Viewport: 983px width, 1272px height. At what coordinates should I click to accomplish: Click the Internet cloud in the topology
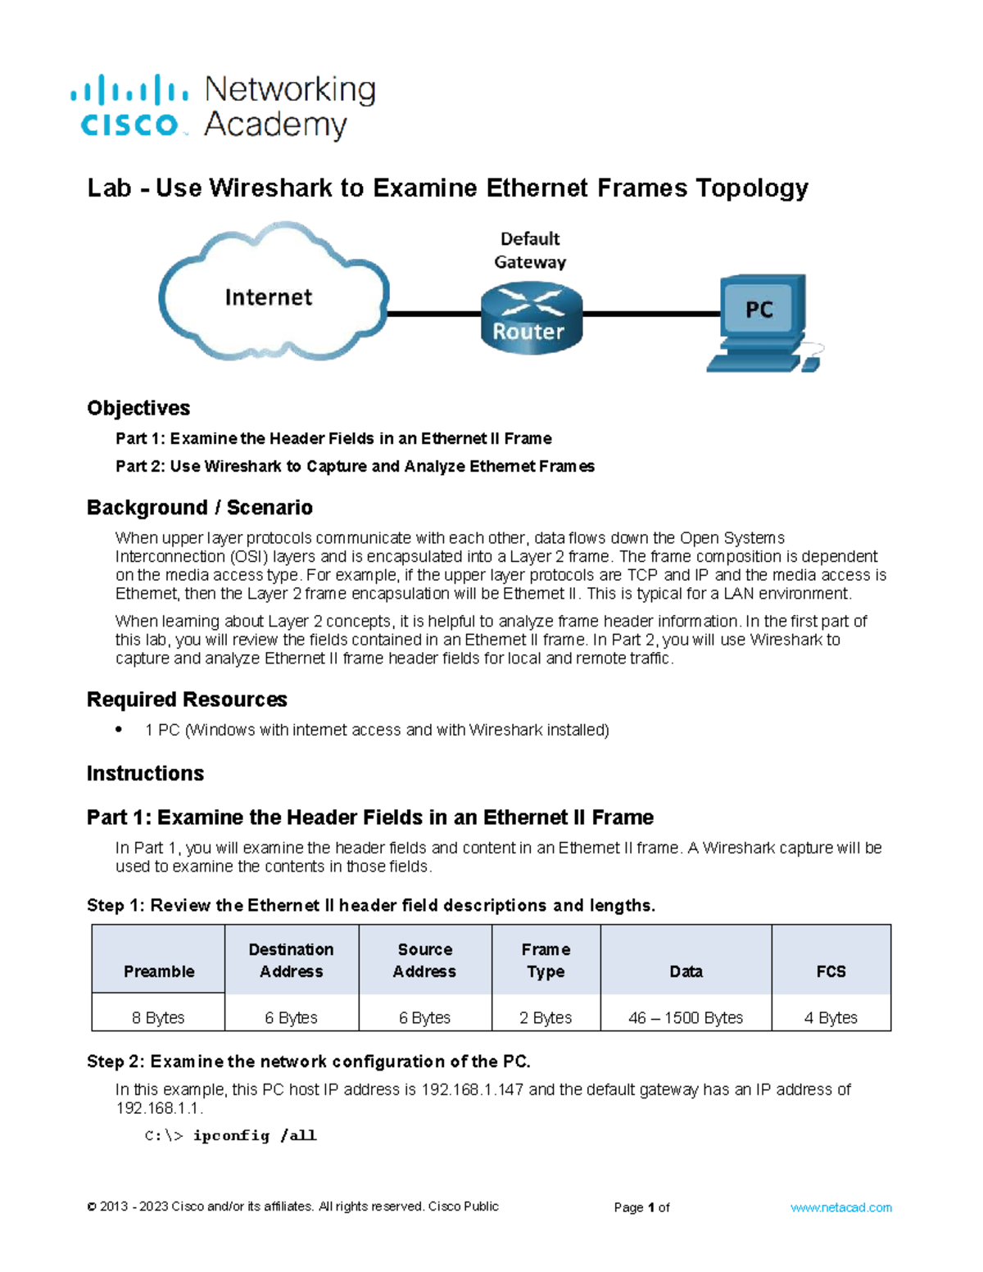click(x=270, y=295)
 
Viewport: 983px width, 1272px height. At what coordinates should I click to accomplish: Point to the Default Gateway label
click(x=530, y=250)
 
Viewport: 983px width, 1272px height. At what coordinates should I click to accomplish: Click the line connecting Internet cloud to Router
click(x=434, y=314)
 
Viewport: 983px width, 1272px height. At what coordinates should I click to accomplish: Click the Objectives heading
click(x=138, y=408)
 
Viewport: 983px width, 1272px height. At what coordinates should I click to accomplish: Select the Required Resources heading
click(x=187, y=699)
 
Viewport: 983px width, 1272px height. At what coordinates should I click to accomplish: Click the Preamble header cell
click(x=159, y=960)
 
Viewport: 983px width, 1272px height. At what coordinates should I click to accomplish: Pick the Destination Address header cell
click(x=292, y=960)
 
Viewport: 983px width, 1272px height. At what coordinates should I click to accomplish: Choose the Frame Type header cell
click(x=546, y=960)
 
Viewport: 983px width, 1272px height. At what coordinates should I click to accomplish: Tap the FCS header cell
click(x=831, y=960)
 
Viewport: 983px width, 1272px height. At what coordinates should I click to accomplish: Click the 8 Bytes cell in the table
click(x=158, y=1017)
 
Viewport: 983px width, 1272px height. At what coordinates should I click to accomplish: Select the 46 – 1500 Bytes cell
click(x=686, y=1017)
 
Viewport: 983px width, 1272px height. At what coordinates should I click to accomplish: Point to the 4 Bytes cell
click(x=831, y=1017)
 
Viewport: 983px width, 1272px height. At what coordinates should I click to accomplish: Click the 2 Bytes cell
click(x=546, y=1017)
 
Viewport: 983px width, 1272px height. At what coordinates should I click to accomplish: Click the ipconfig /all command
click(x=254, y=1135)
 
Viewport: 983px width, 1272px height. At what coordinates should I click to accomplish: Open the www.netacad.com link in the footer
click(x=840, y=1207)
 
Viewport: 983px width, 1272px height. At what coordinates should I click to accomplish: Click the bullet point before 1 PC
click(x=120, y=729)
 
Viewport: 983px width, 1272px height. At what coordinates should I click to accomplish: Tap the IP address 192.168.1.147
click(x=472, y=1089)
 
